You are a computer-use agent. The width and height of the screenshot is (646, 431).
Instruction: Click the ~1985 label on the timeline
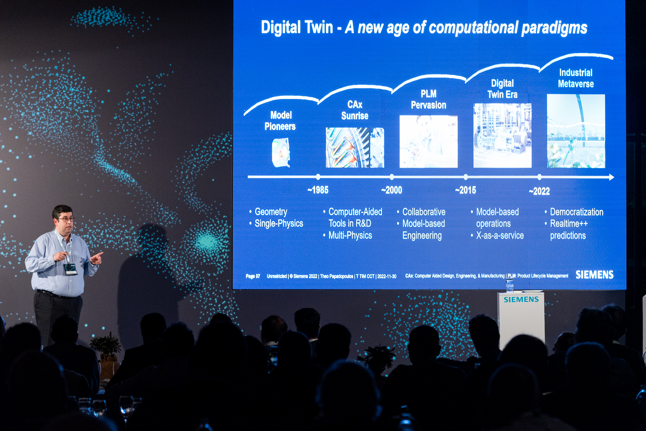click(x=318, y=190)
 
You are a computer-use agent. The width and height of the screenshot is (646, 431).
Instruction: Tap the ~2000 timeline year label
click(x=391, y=190)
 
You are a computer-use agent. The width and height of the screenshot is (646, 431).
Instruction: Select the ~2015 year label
click(x=465, y=190)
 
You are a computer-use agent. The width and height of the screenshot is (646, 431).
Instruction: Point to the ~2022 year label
click(x=539, y=191)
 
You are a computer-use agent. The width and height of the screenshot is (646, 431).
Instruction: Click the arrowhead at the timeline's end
click(x=611, y=177)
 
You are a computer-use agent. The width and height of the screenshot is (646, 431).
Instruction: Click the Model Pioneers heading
click(x=280, y=121)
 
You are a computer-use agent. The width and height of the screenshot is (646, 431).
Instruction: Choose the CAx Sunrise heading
click(x=355, y=110)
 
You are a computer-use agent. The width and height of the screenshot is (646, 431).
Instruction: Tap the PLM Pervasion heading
click(x=429, y=99)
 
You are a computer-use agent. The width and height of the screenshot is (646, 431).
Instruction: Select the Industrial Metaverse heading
click(x=576, y=78)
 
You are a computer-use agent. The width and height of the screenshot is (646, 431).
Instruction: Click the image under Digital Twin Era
click(x=502, y=136)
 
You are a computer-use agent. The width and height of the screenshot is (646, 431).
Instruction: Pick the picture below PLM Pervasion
click(x=429, y=141)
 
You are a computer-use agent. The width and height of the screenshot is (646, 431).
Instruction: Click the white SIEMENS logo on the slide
click(x=594, y=275)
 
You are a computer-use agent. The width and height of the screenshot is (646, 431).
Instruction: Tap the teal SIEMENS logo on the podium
click(x=521, y=300)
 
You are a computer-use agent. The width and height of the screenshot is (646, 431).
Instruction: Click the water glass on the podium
click(x=510, y=285)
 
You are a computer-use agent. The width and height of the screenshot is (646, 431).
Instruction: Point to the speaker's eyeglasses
click(x=66, y=219)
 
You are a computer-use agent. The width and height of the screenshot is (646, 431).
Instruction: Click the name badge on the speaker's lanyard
click(x=70, y=269)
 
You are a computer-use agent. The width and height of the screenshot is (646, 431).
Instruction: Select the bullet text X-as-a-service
click(x=500, y=236)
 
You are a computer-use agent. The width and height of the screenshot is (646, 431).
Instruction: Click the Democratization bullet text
click(x=577, y=212)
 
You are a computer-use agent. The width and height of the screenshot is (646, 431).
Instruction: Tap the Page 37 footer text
click(x=253, y=276)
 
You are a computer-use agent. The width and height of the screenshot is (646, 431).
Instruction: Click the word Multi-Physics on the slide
click(x=350, y=236)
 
